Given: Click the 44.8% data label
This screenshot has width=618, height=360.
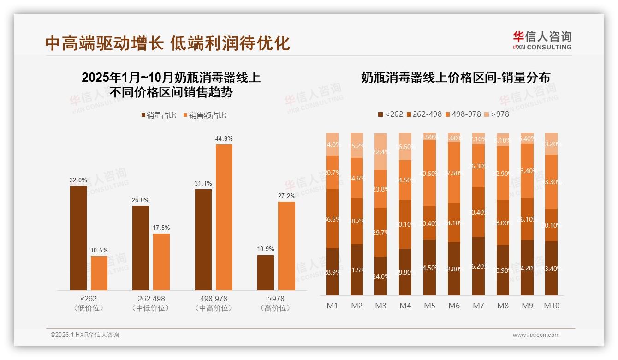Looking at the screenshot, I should coord(224,138).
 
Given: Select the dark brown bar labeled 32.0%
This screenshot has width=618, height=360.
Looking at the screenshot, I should coord(78,238).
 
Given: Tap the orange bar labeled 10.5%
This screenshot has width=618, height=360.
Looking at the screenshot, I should coord(99,273).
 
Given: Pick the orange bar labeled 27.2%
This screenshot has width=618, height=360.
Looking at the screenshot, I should coord(286,246).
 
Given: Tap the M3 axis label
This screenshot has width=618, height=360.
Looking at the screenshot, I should coord(380,306).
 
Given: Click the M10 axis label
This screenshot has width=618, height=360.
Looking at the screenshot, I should coord(551,306).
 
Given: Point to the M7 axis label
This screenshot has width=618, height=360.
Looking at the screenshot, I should coord(478,306).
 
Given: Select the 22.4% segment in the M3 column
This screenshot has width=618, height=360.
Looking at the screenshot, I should coord(380,151).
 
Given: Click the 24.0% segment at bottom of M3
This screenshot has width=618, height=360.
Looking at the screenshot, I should coord(380,276).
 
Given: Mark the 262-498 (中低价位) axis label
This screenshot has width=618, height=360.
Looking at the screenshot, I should coord(151,303).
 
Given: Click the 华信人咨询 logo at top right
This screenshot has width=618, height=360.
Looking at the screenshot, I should coord(542,41).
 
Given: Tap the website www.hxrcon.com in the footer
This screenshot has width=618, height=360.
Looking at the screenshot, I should coord(536,335).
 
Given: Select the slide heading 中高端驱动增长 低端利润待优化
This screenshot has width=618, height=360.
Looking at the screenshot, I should coord(167,43).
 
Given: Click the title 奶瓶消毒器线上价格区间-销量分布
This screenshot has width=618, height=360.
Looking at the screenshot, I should coord(455,78).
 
